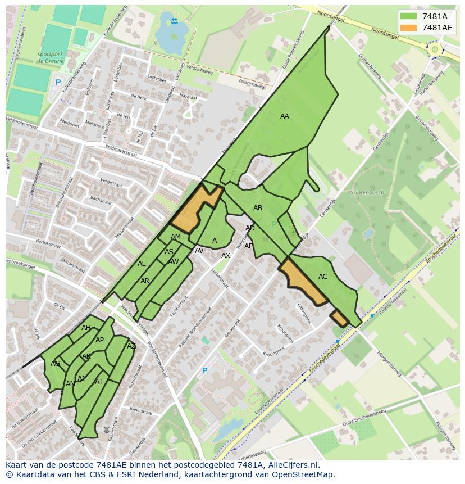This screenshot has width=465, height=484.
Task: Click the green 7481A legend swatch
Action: coord(409,16)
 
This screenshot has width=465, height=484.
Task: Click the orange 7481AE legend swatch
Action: coord(409,28)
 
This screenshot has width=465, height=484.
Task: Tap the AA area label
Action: coord(285,116)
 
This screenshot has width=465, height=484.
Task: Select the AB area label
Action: coord(258,208)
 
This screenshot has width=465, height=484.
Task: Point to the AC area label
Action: coord(323,277)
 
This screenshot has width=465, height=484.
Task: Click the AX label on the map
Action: coord(226,256)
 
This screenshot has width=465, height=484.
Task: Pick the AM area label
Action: coord(176,237)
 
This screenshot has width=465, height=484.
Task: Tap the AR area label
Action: coord(145,281)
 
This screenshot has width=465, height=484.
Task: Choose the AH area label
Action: coord(86,328)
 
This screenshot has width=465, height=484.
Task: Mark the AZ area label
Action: coord(131,346)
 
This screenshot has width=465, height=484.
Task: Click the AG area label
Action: coord(55,364)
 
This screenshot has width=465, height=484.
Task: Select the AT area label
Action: coord(99,382)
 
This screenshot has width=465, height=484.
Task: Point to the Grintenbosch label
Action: coord(367,193)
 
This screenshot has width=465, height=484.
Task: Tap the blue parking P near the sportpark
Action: coord(57,83)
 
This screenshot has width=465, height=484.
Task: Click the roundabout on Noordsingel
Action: coord(434,49)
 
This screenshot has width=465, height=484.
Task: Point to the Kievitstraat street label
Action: coord(142,410)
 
